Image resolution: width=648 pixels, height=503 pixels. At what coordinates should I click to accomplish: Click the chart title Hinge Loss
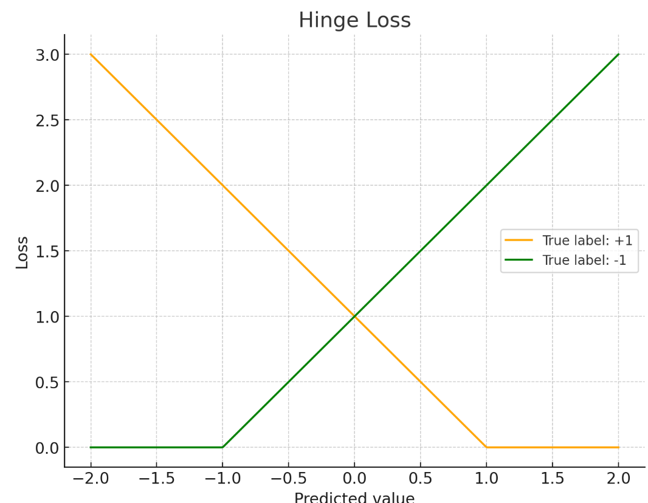[354, 20]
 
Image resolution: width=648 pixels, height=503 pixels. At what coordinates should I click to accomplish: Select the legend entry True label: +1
[587, 241]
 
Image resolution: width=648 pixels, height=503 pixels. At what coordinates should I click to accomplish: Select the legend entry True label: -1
[584, 261]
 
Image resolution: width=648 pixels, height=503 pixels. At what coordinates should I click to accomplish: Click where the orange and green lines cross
[354, 317]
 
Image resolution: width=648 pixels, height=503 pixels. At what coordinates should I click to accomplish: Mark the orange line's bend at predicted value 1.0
[486, 447]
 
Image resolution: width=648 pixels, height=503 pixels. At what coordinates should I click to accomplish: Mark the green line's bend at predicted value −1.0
[222, 447]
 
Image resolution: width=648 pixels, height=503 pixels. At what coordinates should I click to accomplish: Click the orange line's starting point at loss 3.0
[91, 55]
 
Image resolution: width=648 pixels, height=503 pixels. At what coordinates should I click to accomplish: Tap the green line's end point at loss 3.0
[618, 55]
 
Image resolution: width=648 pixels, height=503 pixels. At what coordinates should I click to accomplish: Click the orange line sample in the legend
[519, 241]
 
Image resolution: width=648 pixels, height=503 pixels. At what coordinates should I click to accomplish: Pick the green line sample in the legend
[519, 261]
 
